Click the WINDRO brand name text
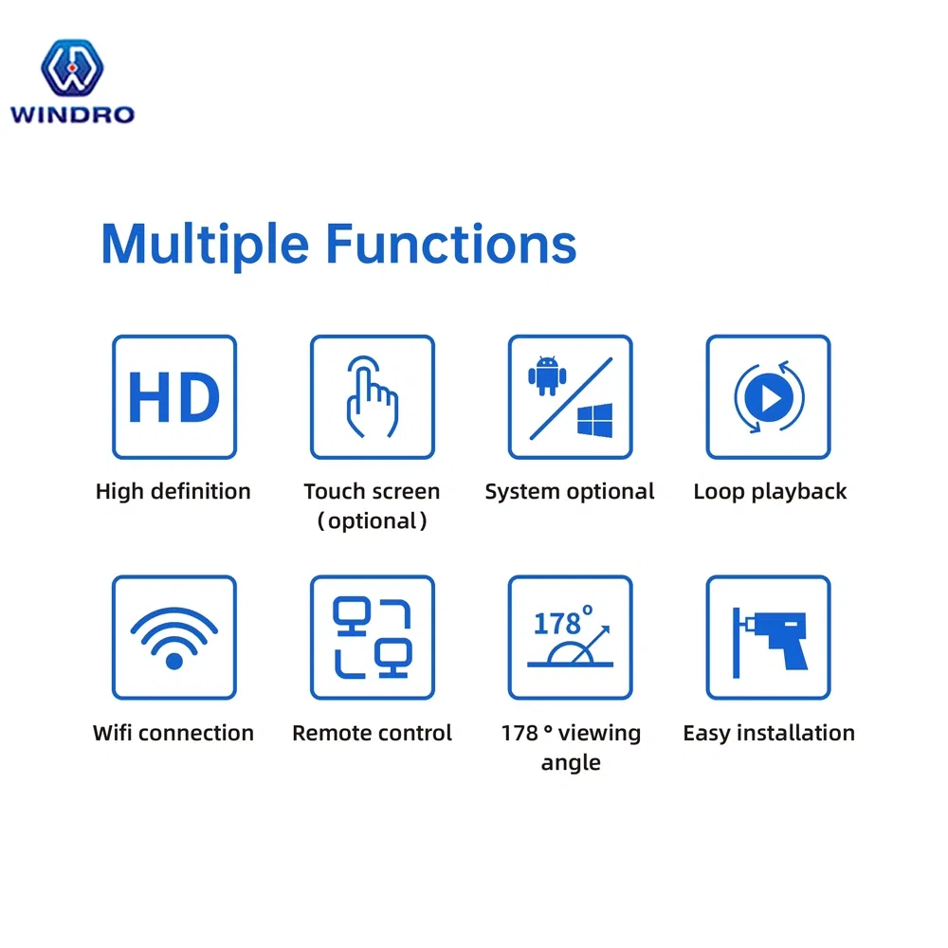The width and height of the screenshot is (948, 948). (x=72, y=115)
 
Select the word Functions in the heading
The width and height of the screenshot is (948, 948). (x=451, y=244)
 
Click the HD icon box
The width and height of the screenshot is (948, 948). (x=174, y=397)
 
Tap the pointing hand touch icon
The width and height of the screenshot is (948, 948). (x=371, y=397)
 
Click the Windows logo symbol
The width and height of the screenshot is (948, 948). (x=594, y=420)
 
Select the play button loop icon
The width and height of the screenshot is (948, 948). (x=769, y=398)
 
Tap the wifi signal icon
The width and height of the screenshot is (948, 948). (x=174, y=637)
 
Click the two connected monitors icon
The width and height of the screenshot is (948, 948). (x=373, y=637)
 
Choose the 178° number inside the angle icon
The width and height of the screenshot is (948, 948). (x=560, y=623)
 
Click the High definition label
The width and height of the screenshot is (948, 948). (x=173, y=491)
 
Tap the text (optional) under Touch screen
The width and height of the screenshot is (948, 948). (x=372, y=520)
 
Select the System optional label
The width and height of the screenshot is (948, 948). (x=570, y=491)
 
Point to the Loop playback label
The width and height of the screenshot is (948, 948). (x=770, y=491)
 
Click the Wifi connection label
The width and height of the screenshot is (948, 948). (x=173, y=733)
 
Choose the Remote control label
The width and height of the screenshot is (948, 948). (x=373, y=733)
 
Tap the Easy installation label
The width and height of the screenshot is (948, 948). (x=769, y=733)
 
